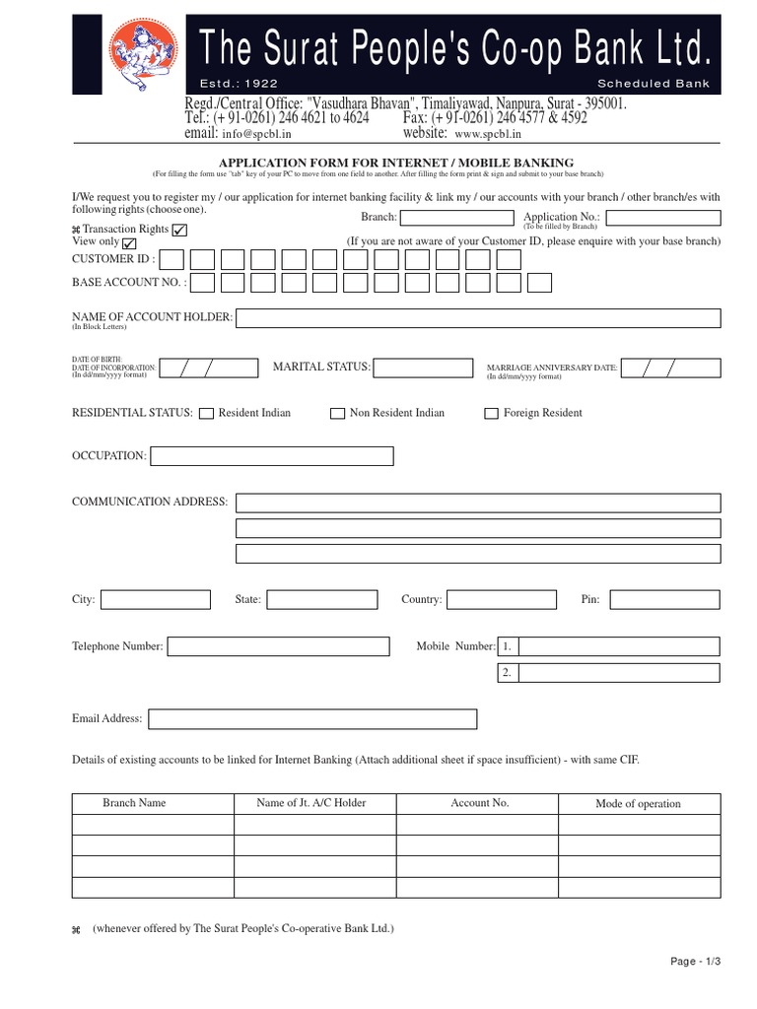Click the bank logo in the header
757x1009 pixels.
pos(142,51)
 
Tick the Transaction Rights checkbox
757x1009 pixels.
pos(179,230)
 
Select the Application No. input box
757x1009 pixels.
pos(663,217)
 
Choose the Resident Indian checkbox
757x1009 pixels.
pos(206,414)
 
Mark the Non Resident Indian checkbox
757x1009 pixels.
pos(337,414)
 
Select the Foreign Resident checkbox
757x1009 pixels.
pos(491,414)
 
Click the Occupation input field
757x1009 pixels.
pos(271,456)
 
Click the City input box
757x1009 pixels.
pos(156,599)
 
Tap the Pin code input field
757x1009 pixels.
pos(663,599)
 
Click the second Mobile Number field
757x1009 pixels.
pos(618,673)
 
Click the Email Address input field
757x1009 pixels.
pos(312,719)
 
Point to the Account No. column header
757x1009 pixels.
pos(479,803)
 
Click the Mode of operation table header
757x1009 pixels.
pos(638,804)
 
